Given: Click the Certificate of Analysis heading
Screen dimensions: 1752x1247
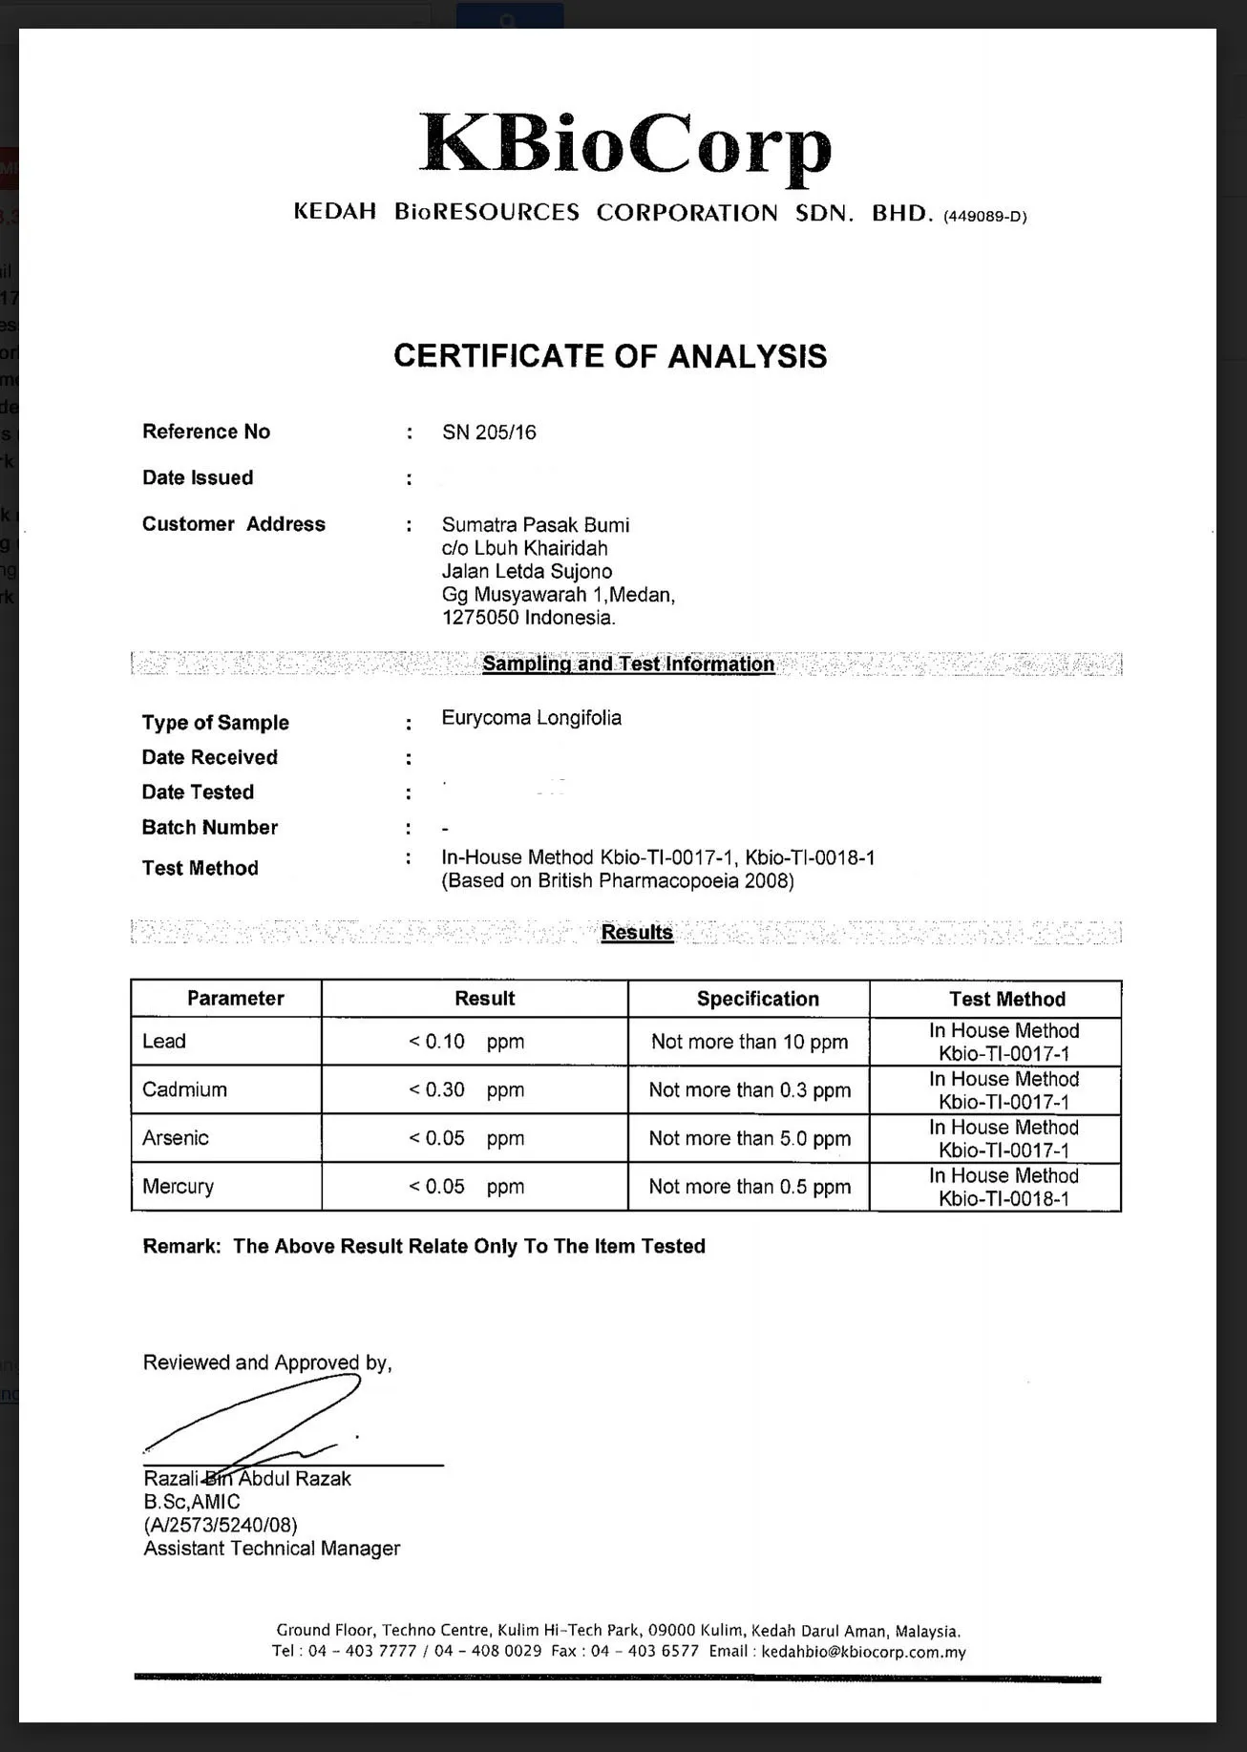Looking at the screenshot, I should pyautogui.click(x=610, y=356).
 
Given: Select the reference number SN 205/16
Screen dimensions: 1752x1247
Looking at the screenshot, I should pyautogui.click(x=489, y=433).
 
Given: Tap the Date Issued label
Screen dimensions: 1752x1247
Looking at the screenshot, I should pyautogui.click(x=198, y=477).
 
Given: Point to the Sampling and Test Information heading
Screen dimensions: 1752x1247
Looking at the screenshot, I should pyautogui.click(x=628, y=664).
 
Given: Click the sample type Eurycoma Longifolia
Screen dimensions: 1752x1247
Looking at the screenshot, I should pyautogui.click(x=531, y=718).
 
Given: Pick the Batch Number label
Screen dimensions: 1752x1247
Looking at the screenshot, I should pyautogui.click(x=210, y=827).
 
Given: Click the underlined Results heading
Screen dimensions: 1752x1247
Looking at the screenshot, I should pyautogui.click(x=637, y=933).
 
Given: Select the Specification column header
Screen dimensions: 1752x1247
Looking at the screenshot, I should pyautogui.click(x=757, y=999).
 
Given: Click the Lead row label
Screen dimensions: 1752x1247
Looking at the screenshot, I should pyautogui.click(x=164, y=1041).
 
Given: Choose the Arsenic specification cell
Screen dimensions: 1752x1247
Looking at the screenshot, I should pyautogui.click(x=750, y=1138).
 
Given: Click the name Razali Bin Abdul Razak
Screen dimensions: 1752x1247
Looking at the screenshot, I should pyautogui.click(x=247, y=1479).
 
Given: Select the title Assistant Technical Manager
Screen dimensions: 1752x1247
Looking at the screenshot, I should pyautogui.click(x=272, y=1549).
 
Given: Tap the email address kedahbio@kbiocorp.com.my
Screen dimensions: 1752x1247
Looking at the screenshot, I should pyautogui.click(x=863, y=1652).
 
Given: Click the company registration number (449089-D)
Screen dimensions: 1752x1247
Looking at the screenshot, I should pyautogui.click(x=984, y=217).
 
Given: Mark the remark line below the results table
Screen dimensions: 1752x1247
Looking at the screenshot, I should pyautogui.click(x=424, y=1246).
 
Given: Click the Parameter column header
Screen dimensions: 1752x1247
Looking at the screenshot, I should pyautogui.click(x=235, y=999).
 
